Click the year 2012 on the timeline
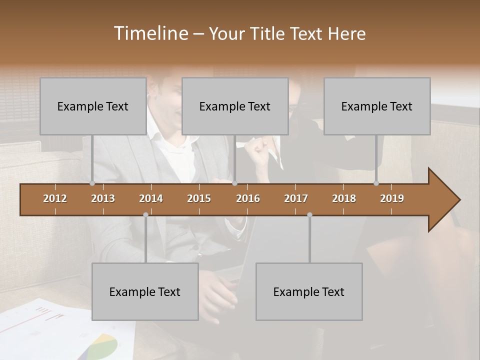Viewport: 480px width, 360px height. pos(55,198)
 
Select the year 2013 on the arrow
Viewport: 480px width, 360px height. pos(103,198)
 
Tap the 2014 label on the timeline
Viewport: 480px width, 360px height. pos(151,198)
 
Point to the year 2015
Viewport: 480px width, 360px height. pos(199,198)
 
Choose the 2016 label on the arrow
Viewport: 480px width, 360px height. pos(248,198)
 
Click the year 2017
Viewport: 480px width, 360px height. pos(296,198)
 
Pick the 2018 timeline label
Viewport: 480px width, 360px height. pos(344,198)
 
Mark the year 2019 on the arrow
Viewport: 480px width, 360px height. pos(392,198)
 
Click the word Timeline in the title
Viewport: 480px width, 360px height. pos(150,33)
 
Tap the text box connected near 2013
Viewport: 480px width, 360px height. pos(93,106)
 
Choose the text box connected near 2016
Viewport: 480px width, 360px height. pos(235,106)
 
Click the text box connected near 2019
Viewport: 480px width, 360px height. pos(377,106)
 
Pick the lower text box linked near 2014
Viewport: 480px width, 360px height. pos(145,291)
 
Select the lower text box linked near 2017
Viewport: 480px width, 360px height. pos(309,291)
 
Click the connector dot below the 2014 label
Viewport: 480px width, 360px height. pos(145,214)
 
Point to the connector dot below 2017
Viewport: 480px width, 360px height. pos(309,214)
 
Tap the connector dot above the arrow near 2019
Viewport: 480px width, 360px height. pos(376,183)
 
